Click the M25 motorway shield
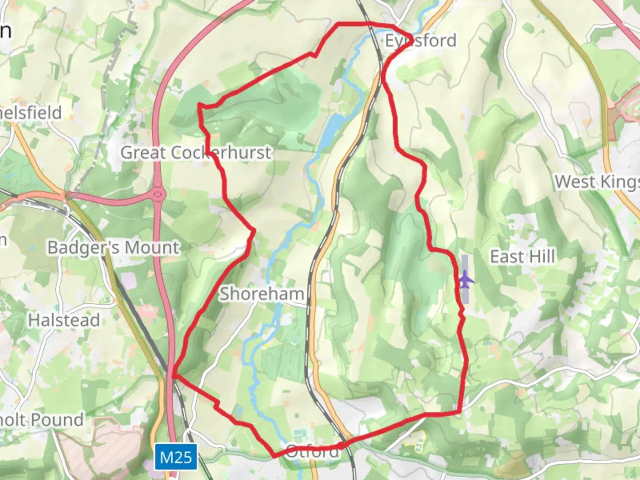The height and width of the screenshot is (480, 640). pyautogui.click(x=176, y=457)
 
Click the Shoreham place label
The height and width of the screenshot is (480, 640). pyautogui.click(x=262, y=294)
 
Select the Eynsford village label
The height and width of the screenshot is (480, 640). pyautogui.click(x=420, y=40)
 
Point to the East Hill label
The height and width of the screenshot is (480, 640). pyautogui.click(x=522, y=256)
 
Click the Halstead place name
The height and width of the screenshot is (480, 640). pyautogui.click(x=64, y=320)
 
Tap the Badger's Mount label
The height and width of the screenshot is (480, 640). pyautogui.click(x=114, y=247)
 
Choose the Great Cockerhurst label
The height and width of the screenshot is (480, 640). pyautogui.click(x=196, y=152)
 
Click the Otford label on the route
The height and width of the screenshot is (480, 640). pyautogui.click(x=313, y=452)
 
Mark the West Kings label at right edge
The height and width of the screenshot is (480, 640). pyautogui.click(x=597, y=181)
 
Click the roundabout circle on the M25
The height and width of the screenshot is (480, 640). pyautogui.click(x=158, y=194)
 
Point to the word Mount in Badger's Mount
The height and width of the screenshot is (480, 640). pyautogui.click(x=153, y=247)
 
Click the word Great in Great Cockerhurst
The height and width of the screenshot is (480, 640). pyautogui.click(x=143, y=152)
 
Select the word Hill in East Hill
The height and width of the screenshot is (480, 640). pyautogui.click(x=541, y=256)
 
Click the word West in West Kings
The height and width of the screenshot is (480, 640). pyautogui.click(x=575, y=181)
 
